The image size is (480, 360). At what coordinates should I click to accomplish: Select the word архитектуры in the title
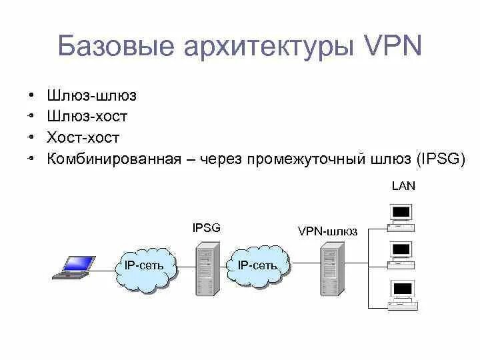coord(265,47)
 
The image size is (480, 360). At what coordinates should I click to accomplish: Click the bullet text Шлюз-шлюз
coord(91,95)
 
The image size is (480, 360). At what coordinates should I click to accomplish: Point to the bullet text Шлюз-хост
coord(87,117)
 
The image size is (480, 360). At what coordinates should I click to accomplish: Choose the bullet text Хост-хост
coord(83,138)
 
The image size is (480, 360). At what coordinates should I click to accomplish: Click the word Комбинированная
coord(114,159)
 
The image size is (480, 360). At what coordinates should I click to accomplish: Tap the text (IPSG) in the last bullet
coord(441,159)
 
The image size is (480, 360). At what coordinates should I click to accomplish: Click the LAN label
coord(403,186)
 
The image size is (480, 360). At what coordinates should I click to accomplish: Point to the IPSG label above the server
coord(206,228)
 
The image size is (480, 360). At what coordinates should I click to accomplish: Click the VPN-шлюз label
coord(327,231)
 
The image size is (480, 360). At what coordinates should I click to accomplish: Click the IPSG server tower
coord(206,268)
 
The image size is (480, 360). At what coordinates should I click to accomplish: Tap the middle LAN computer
coord(402,254)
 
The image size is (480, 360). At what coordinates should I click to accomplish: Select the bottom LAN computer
coord(403,293)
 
